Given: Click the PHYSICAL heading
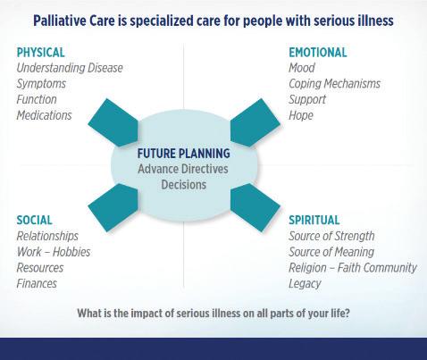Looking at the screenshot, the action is tap(40, 53).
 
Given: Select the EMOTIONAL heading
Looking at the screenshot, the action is tap(318, 53).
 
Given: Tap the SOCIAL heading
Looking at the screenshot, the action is tap(35, 220).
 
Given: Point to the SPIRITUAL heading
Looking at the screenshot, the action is tap(314, 220).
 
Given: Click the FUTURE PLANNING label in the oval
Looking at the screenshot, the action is tap(184, 154).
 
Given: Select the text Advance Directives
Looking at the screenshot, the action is tap(183, 169).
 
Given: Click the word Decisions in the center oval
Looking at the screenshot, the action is tap(184, 185).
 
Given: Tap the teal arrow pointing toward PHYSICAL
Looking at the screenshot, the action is tap(113, 122).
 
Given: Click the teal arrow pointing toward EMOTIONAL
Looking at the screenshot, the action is tap(255, 122).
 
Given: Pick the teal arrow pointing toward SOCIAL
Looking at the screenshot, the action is tap(113, 207).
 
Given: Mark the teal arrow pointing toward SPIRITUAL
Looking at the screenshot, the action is tap(255, 207).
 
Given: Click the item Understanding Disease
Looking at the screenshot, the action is tap(70, 68).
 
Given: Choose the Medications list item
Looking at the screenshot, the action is tap(44, 115).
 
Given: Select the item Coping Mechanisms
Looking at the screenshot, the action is tap(334, 84).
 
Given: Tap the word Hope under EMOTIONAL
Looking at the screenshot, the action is tap(301, 115).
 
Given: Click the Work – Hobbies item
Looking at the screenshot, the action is tap(54, 252).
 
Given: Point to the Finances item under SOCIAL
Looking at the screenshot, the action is tap(37, 283).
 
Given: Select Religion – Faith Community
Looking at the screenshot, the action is tap(353, 268).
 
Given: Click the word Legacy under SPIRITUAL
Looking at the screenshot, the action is tap(305, 284).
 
